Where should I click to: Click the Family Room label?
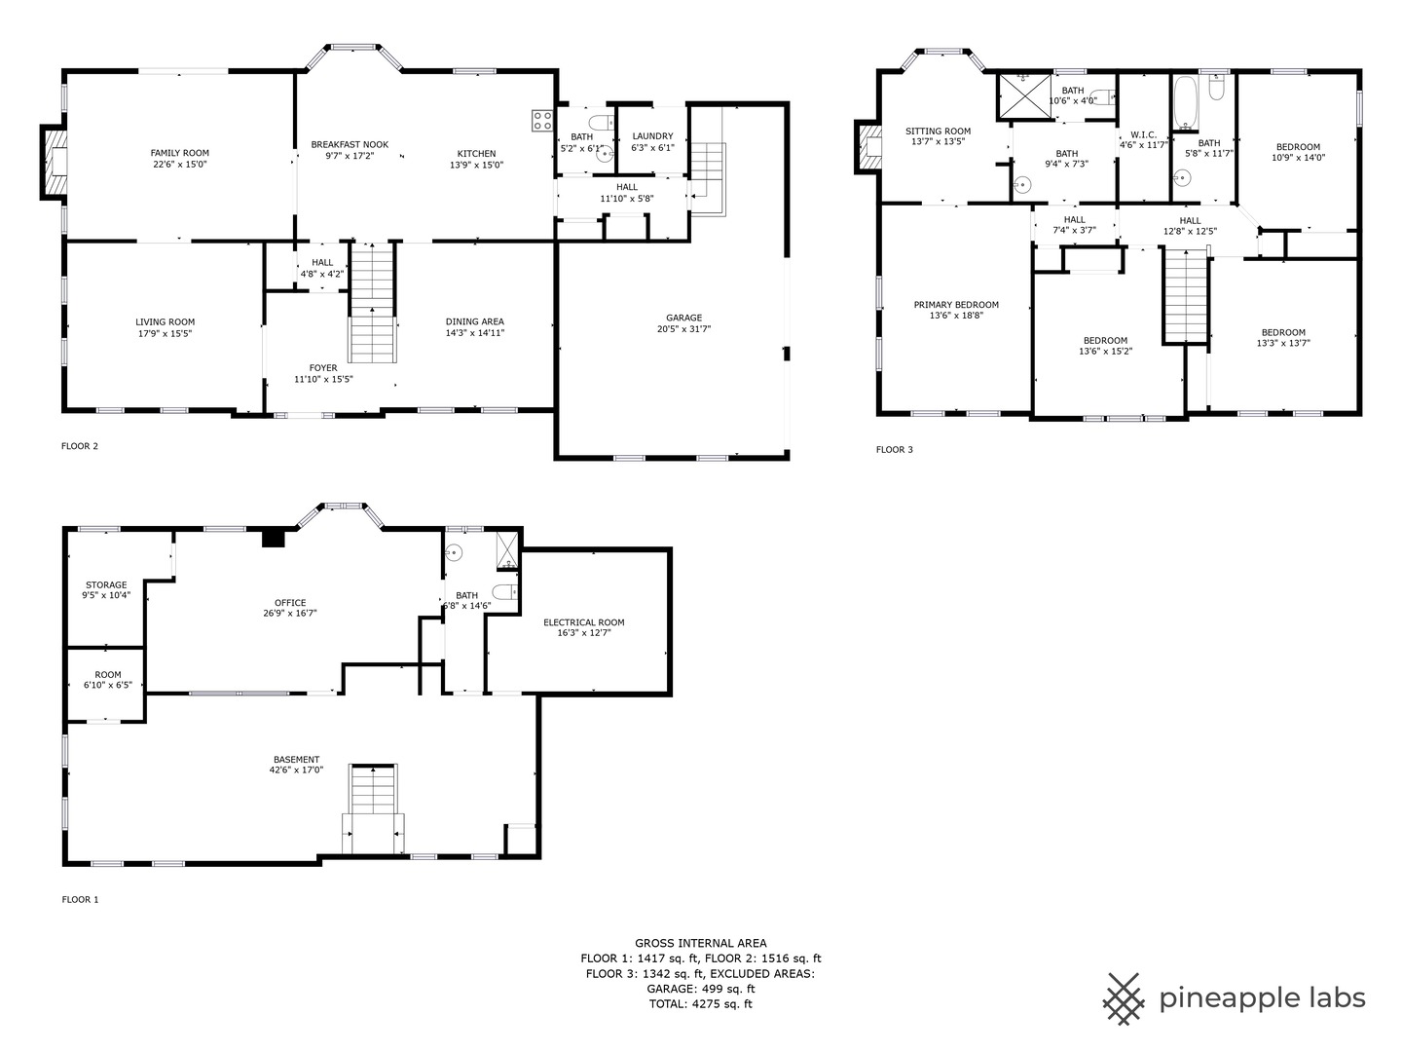[179, 153]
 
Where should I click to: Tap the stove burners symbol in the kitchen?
[542, 121]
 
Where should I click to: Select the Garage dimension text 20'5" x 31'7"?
[683, 329]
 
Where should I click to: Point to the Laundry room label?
[652, 136]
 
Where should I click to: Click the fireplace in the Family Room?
[55, 163]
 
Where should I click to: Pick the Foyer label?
[322, 368]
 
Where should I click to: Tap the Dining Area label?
[474, 321]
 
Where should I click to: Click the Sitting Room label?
[938, 131]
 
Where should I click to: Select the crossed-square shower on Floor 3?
[1024, 96]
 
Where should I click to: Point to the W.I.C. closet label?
[1143, 134]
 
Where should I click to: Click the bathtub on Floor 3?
[1186, 103]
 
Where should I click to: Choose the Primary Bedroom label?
[956, 305]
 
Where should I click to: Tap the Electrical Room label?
[584, 622]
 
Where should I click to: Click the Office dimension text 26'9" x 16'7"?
[290, 614]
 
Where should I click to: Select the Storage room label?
[106, 584]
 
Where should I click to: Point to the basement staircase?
[373, 808]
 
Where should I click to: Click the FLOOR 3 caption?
[894, 450]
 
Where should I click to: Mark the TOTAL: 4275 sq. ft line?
[701, 1004]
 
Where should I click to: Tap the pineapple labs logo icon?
[1124, 999]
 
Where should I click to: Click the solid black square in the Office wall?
[274, 539]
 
